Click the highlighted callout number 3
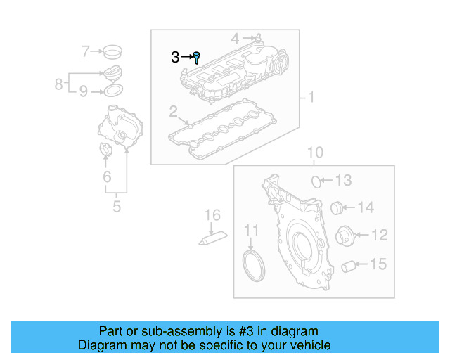point(175,58)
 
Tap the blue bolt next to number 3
point(197,57)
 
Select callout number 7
point(86,51)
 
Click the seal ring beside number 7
point(111,51)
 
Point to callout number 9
point(83,91)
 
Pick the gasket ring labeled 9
point(112,91)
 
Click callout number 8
point(59,84)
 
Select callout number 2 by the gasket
point(173,111)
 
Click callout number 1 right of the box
point(310,96)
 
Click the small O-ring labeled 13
point(318,181)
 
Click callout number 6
point(107,177)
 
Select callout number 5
point(117,207)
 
